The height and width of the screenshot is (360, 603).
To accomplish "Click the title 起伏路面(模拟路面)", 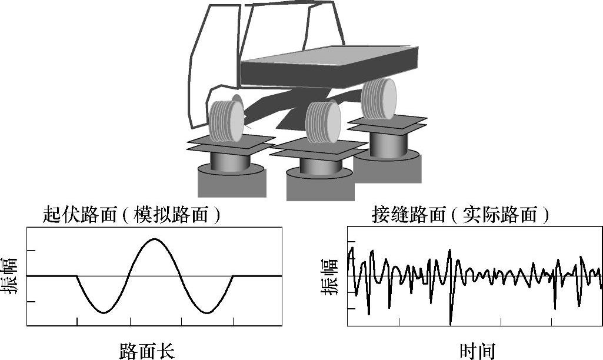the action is pyautogui.click(x=132, y=215).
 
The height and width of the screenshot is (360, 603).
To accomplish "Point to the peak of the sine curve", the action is pyautogui.click(x=154, y=239).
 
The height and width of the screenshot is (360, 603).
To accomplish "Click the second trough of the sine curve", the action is pyautogui.click(x=206, y=312).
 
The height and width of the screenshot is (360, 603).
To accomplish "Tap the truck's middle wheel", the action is pyautogui.click(x=323, y=122).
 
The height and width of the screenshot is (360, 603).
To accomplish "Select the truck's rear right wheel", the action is pyautogui.click(x=379, y=99).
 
